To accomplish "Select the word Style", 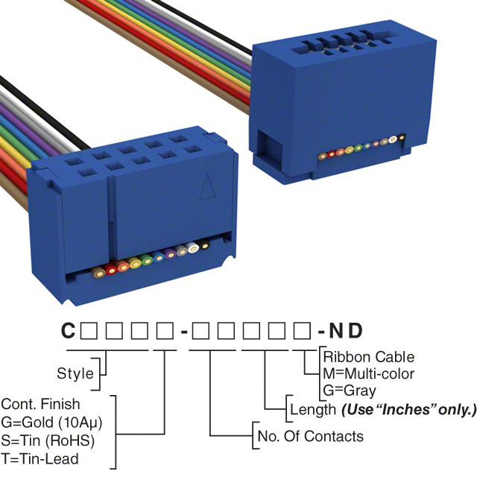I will pyautogui.click(x=75, y=373).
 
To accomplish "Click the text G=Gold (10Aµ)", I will pyautogui.click(x=51, y=422).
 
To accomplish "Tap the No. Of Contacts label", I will pyautogui.click(x=309, y=436).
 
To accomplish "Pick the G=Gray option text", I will pyautogui.click(x=350, y=390).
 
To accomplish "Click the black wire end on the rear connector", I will pyautogui.click(x=402, y=137).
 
